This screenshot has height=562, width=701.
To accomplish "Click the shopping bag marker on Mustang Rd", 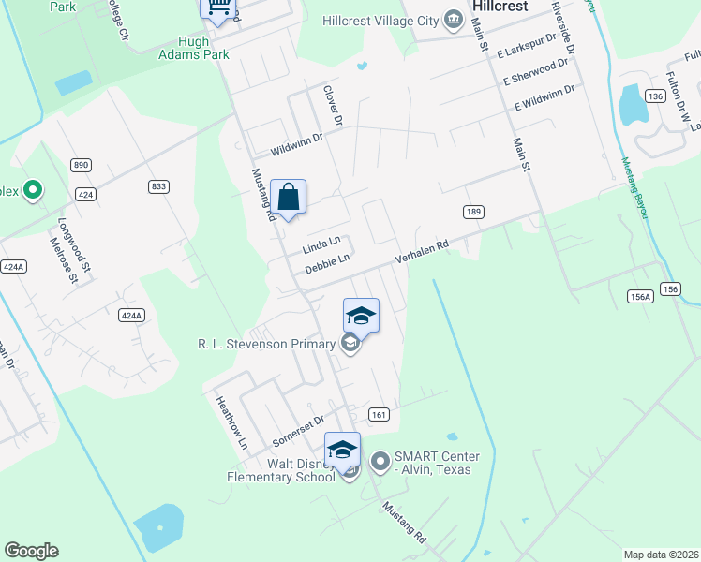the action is click(289, 198).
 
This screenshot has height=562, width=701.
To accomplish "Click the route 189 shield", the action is click(473, 213).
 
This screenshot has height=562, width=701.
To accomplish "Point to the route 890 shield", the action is click(81, 165).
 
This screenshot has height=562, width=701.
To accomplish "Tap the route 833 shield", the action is click(158, 186).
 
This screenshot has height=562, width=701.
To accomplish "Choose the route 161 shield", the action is click(379, 414).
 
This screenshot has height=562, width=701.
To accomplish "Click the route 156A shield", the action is click(640, 296).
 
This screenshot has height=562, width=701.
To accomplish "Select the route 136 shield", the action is click(655, 96).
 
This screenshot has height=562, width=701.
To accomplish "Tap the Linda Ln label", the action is click(321, 246).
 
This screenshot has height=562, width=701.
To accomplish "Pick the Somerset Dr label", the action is click(297, 430).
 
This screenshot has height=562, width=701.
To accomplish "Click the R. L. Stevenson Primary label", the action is click(267, 344).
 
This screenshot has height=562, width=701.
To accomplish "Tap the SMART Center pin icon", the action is click(380, 461).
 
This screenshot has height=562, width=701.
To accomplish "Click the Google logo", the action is click(31, 551).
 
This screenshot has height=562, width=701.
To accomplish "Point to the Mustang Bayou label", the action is click(634, 188).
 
